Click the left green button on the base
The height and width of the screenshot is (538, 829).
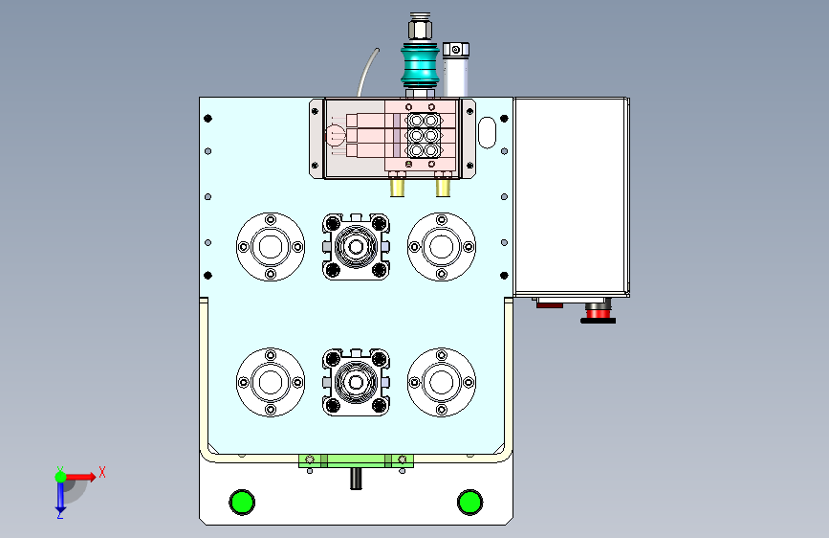(x=242, y=502)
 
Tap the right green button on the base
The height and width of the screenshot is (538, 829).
(x=470, y=502)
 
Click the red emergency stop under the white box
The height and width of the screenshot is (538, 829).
(x=598, y=313)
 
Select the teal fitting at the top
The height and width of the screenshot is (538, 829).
(x=420, y=65)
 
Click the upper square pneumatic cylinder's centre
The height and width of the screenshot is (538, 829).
(x=356, y=247)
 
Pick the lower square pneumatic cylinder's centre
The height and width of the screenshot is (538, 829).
(x=356, y=382)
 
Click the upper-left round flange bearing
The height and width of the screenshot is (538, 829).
(x=271, y=247)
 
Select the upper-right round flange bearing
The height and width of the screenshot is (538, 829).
(x=442, y=247)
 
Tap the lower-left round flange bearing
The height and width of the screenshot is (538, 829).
(x=271, y=382)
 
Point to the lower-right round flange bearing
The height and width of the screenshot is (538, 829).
(x=442, y=382)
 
